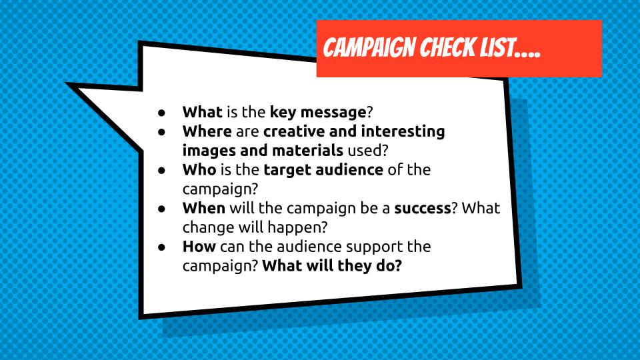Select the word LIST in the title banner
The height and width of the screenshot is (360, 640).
point(499,48)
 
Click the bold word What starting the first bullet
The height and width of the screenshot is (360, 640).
point(202,112)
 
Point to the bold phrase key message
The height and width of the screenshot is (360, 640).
point(318,112)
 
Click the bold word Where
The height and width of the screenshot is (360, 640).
point(207,131)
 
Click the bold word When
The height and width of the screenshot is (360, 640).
point(204,208)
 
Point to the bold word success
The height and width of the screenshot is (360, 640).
point(423,208)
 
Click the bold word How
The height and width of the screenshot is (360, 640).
point(199,247)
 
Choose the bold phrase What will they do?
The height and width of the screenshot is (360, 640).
point(334,265)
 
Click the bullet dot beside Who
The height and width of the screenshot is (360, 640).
point(162,170)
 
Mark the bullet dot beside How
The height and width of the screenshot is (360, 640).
point(162,247)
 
